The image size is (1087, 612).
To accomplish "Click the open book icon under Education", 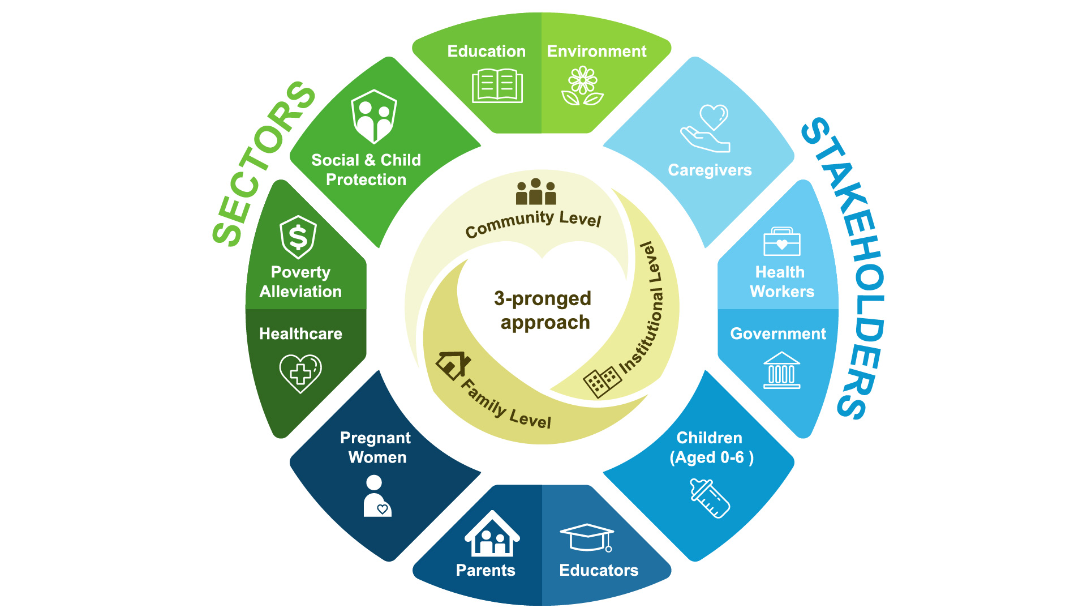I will click(497, 86).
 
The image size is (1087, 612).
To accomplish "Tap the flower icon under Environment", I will click(582, 86).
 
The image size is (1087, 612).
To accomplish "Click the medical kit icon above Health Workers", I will click(781, 242).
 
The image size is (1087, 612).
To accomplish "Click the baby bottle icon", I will click(710, 498).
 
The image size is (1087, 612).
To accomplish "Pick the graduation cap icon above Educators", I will click(587, 537).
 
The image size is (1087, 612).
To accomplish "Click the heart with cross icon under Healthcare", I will click(300, 373).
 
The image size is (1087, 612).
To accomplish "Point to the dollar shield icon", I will click(298, 237).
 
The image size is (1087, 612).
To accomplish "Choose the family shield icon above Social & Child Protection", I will click(373, 117).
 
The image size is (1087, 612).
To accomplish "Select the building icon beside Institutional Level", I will click(601, 382).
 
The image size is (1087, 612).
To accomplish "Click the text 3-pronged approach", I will click(543, 310).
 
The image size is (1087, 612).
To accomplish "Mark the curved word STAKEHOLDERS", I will click(845, 266).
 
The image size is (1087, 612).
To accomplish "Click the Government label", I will click(778, 334).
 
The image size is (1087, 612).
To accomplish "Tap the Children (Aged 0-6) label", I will click(711, 447).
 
